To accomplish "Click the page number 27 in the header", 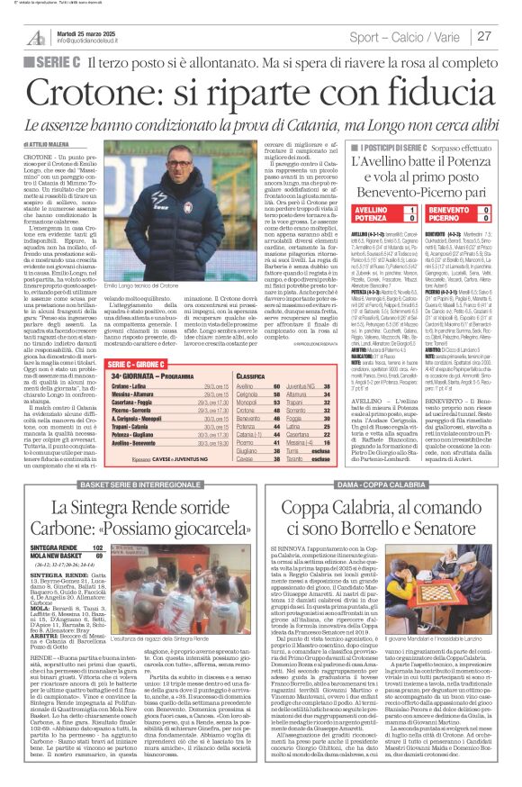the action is click(x=484, y=36).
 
